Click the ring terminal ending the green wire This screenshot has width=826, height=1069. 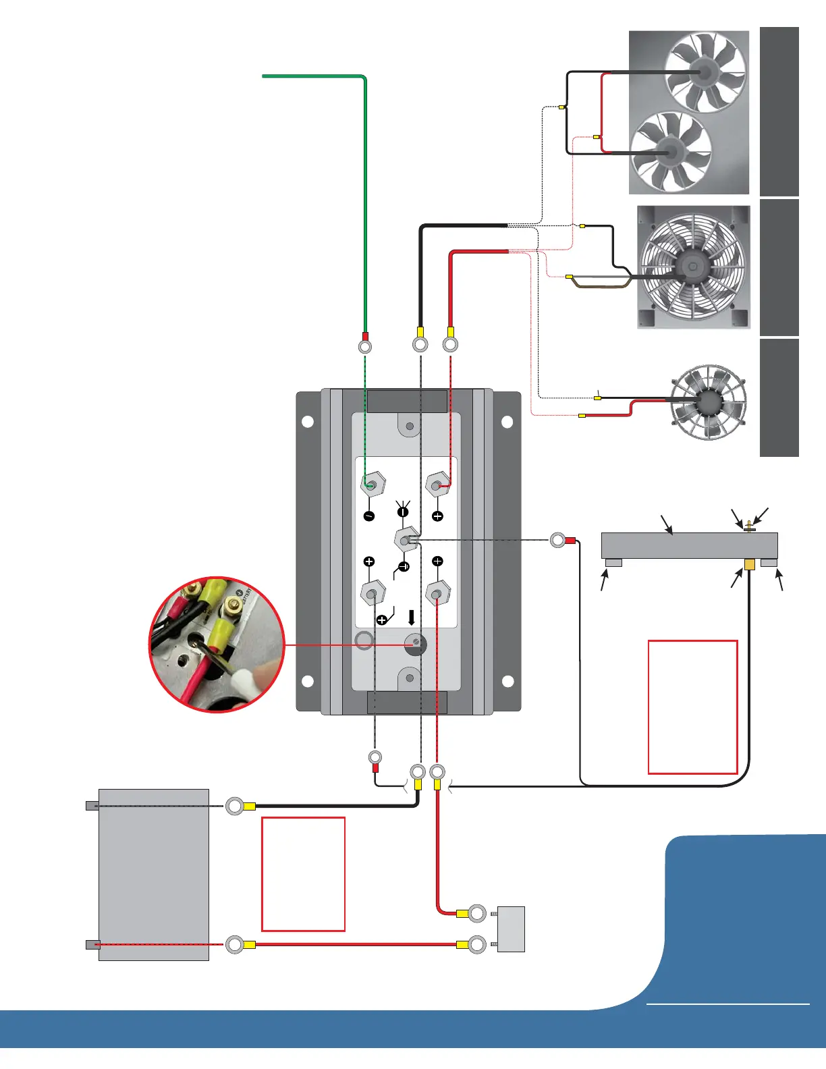pyautogui.click(x=364, y=347)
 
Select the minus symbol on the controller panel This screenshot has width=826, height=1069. pyautogui.click(x=369, y=516)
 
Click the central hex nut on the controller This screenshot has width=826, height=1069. pyautogui.click(x=405, y=540)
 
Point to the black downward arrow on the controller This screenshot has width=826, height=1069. pyautogui.click(x=412, y=618)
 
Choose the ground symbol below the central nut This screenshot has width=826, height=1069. pyautogui.click(x=404, y=566)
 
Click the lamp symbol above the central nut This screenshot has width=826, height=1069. pyautogui.click(x=404, y=511)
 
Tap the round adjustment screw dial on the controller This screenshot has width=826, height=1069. pyautogui.click(x=416, y=645)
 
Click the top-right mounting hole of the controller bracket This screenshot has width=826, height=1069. pyautogui.click(x=507, y=422)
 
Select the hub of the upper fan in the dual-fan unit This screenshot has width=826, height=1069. pyautogui.click(x=705, y=72)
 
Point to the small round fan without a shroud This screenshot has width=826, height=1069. pyautogui.click(x=709, y=402)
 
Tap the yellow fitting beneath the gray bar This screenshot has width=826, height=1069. pyautogui.click(x=749, y=564)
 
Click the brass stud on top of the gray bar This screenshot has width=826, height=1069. pyautogui.click(x=749, y=526)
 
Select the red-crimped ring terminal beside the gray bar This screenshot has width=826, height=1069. pyautogui.click(x=559, y=540)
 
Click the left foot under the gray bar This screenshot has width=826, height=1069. pyautogui.click(x=613, y=562)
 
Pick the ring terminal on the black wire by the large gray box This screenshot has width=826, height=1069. pyautogui.click(x=235, y=806)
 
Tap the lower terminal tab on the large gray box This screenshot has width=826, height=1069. pyautogui.click(x=92, y=944)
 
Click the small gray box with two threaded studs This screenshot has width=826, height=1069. pyautogui.click(x=511, y=929)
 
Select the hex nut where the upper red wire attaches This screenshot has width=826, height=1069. pyautogui.click(x=438, y=485)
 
